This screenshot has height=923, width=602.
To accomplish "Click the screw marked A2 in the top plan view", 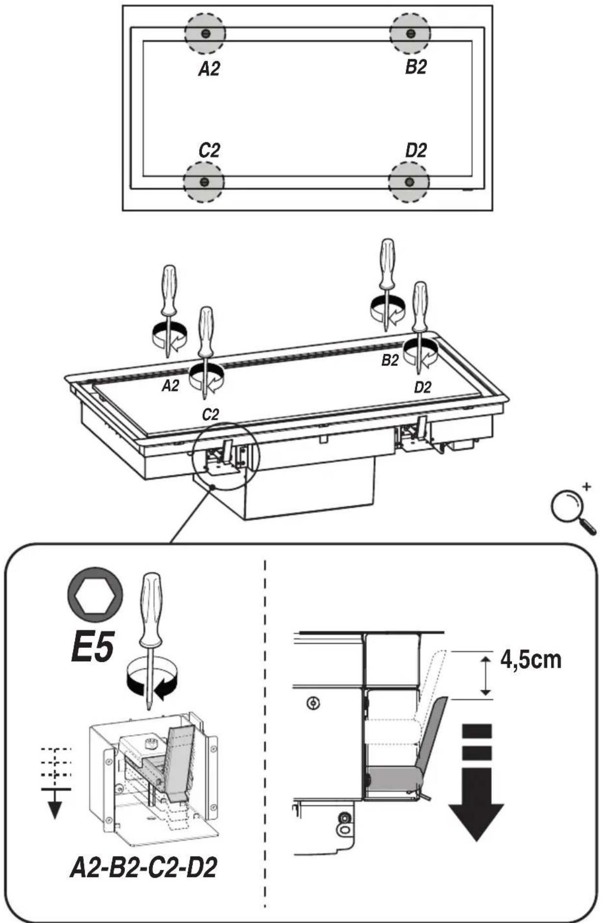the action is [x=205, y=33].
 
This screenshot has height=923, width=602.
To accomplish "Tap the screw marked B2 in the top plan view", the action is [x=411, y=33].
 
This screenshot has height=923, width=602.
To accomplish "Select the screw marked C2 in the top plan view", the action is [x=204, y=182].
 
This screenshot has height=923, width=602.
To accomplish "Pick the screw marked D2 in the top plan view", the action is [x=409, y=182].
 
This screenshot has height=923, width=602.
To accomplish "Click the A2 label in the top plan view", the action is [x=209, y=69].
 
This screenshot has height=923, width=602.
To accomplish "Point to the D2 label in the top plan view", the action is [x=416, y=150].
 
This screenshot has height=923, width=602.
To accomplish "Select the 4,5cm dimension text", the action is [x=531, y=659].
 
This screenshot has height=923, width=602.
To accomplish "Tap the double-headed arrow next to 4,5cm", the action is [x=485, y=676].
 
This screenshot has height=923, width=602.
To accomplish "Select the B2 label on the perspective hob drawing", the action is [x=390, y=361].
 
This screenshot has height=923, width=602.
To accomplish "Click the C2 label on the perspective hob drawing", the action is [x=211, y=415].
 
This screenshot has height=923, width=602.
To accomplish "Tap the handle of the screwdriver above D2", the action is [x=420, y=302].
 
